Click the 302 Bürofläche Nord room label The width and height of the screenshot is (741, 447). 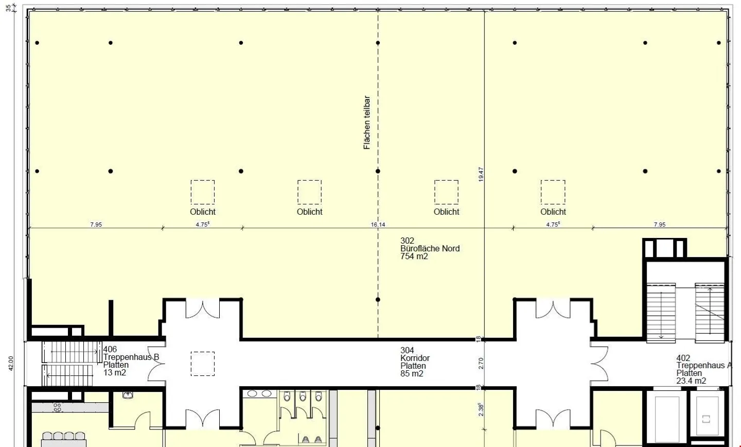click(430, 248)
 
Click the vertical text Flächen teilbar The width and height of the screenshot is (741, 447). click(366, 123)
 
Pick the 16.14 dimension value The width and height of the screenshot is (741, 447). click(378, 225)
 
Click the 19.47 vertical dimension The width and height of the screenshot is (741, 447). click(481, 174)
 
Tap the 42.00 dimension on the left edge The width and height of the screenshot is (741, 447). click(11, 363)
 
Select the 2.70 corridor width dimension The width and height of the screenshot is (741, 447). click(481, 363)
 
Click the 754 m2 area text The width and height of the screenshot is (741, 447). click(414, 256)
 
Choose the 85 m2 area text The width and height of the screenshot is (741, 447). click(412, 373)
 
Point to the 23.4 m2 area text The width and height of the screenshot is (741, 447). click(691, 381)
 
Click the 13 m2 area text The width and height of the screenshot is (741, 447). click(114, 372)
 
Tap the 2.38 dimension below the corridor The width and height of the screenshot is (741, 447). click(481, 409)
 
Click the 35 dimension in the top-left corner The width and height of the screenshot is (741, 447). click(8, 8)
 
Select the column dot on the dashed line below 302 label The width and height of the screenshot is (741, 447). click(378, 300)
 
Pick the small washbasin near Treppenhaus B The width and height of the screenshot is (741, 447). click(128, 394)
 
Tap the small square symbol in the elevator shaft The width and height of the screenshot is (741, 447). click(706, 419)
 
